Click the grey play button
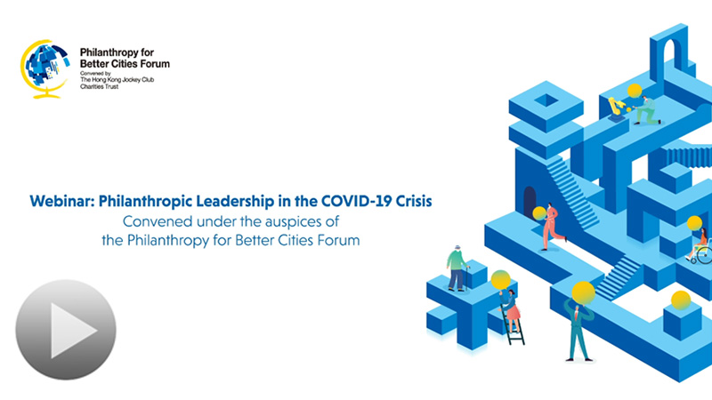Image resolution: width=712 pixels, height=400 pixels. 66,330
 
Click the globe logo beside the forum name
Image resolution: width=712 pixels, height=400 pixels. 45,69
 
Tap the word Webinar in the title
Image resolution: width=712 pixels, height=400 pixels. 62,201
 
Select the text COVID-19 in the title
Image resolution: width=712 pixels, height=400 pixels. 357,201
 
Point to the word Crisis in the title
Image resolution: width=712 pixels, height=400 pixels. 414,201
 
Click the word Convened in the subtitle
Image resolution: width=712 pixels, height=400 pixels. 151,221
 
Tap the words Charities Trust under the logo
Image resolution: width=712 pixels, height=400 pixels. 100,86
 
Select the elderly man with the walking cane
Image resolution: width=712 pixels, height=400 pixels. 457,268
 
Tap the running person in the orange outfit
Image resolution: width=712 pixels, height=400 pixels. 552,227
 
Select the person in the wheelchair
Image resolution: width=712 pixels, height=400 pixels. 699,246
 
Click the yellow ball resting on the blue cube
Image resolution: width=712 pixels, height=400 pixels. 681,300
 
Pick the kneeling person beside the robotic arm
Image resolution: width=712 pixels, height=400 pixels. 647,110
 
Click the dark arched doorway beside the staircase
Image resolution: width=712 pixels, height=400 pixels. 530,203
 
